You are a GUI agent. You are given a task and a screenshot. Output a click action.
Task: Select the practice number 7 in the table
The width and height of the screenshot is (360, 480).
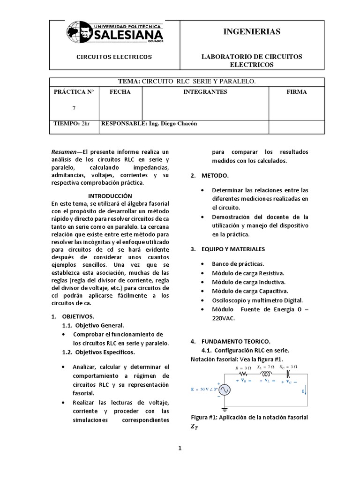[74, 108]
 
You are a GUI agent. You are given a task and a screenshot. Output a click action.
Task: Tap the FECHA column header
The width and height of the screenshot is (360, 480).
[120, 92]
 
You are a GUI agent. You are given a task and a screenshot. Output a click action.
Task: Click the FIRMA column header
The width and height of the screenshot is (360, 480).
[296, 92]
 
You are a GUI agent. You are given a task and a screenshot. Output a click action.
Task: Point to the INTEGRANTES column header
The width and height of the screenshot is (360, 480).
[205, 92]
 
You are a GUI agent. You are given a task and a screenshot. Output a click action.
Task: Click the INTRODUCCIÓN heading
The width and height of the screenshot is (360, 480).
[110, 195]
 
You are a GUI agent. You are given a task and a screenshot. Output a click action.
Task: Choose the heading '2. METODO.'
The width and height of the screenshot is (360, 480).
[209, 175]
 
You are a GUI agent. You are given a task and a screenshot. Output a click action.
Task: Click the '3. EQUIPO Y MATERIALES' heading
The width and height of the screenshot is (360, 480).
[227, 249]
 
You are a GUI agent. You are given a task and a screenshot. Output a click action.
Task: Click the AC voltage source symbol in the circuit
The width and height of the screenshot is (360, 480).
[223, 389]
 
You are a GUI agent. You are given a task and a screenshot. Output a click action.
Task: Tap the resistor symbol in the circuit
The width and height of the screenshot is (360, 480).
[244, 375]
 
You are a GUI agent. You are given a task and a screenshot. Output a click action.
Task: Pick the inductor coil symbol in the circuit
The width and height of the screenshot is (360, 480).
[266, 375]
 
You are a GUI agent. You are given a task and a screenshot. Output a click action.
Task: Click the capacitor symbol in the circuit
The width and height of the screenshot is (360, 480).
[288, 374]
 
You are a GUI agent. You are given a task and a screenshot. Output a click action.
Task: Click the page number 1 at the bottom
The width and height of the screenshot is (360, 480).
[179, 449]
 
